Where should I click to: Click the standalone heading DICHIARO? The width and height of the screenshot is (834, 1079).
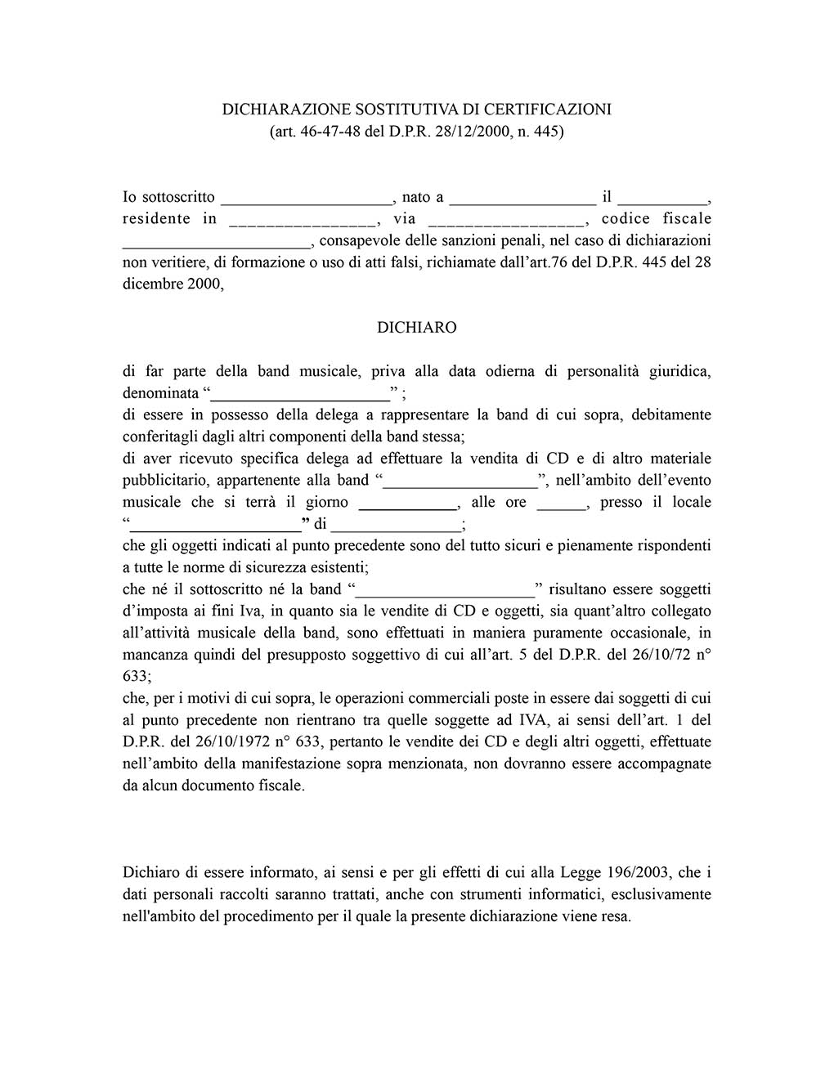[416, 327]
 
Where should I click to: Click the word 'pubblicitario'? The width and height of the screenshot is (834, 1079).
[165, 480]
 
